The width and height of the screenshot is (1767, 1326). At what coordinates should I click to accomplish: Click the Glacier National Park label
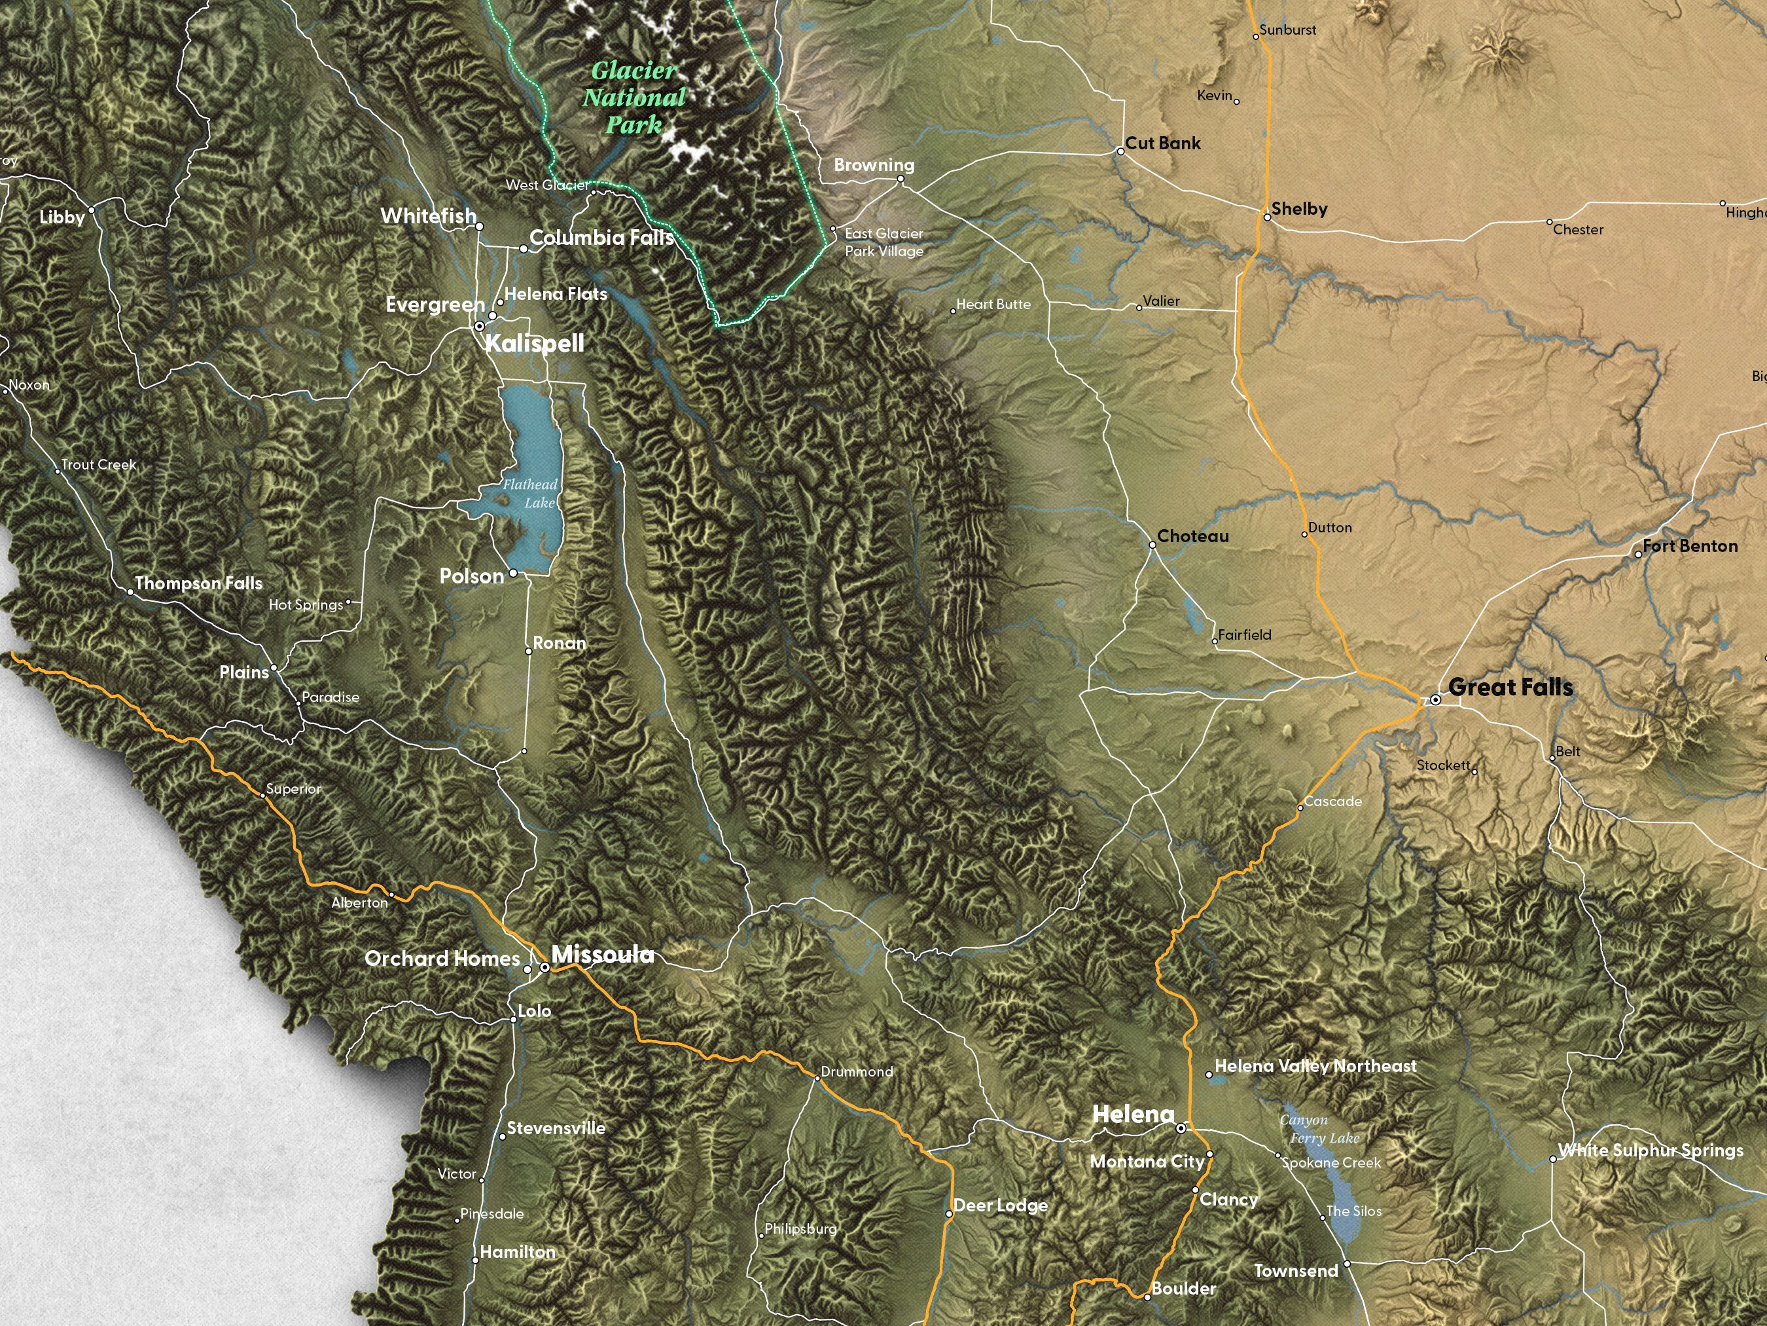[x=634, y=98]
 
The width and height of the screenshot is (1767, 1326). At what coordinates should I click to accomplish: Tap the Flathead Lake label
[x=530, y=493]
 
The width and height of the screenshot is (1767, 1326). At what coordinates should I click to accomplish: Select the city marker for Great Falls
[x=1435, y=699]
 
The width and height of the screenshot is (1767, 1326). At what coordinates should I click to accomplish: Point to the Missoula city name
[x=602, y=953]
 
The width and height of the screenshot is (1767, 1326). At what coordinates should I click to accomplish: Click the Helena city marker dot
[x=1181, y=1128]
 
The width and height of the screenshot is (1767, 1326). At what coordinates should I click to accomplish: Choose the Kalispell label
[x=535, y=343]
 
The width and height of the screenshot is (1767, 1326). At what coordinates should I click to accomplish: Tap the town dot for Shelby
[x=1267, y=217]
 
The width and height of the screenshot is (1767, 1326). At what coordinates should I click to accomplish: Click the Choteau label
[x=1192, y=536]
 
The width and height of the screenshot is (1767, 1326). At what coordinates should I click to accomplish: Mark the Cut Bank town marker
[x=1120, y=151]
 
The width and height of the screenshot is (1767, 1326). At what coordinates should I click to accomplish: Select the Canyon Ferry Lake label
[x=1319, y=1129]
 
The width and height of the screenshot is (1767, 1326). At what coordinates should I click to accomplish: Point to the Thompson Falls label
[x=198, y=583]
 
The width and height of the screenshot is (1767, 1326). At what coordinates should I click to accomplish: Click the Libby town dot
[x=91, y=210]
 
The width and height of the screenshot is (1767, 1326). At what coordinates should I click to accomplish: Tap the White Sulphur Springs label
[x=1651, y=1149]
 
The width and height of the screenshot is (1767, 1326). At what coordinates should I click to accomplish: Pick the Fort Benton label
[x=1690, y=546]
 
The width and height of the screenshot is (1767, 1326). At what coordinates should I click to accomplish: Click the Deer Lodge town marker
[x=949, y=1213]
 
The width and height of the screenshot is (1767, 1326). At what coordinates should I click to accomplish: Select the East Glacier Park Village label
[x=884, y=242]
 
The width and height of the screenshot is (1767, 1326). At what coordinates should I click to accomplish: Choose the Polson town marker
[x=513, y=572]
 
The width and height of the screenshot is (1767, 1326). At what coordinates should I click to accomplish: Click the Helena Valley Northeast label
[x=1315, y=1065]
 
